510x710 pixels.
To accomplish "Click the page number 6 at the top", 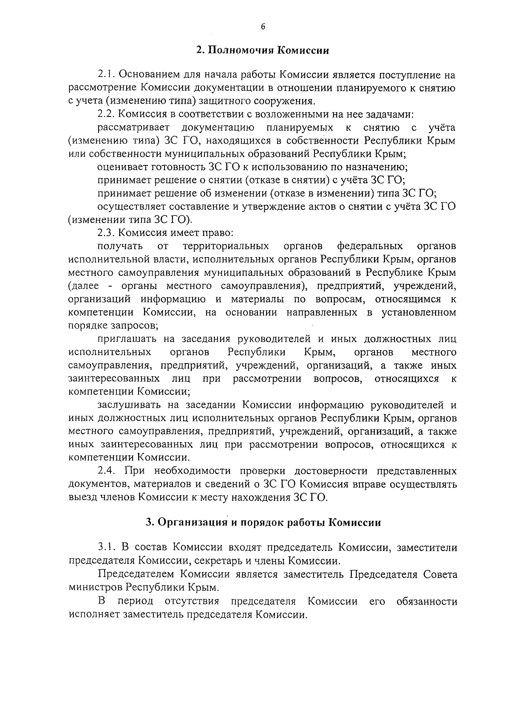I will click(263, 27).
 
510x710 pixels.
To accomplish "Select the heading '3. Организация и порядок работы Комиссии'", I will click(263, 523).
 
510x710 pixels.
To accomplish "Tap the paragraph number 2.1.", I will click(106, 75).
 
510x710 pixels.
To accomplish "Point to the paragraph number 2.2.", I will click(106, 114).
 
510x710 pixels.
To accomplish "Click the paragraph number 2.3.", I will click(106, 233).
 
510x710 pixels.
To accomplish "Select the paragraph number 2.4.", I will click(106, 471).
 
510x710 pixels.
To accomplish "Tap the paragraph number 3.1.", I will click(106, 547).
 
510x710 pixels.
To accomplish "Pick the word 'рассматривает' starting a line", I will click(133, 128).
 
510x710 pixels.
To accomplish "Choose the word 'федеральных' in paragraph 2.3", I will click(370, 247).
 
